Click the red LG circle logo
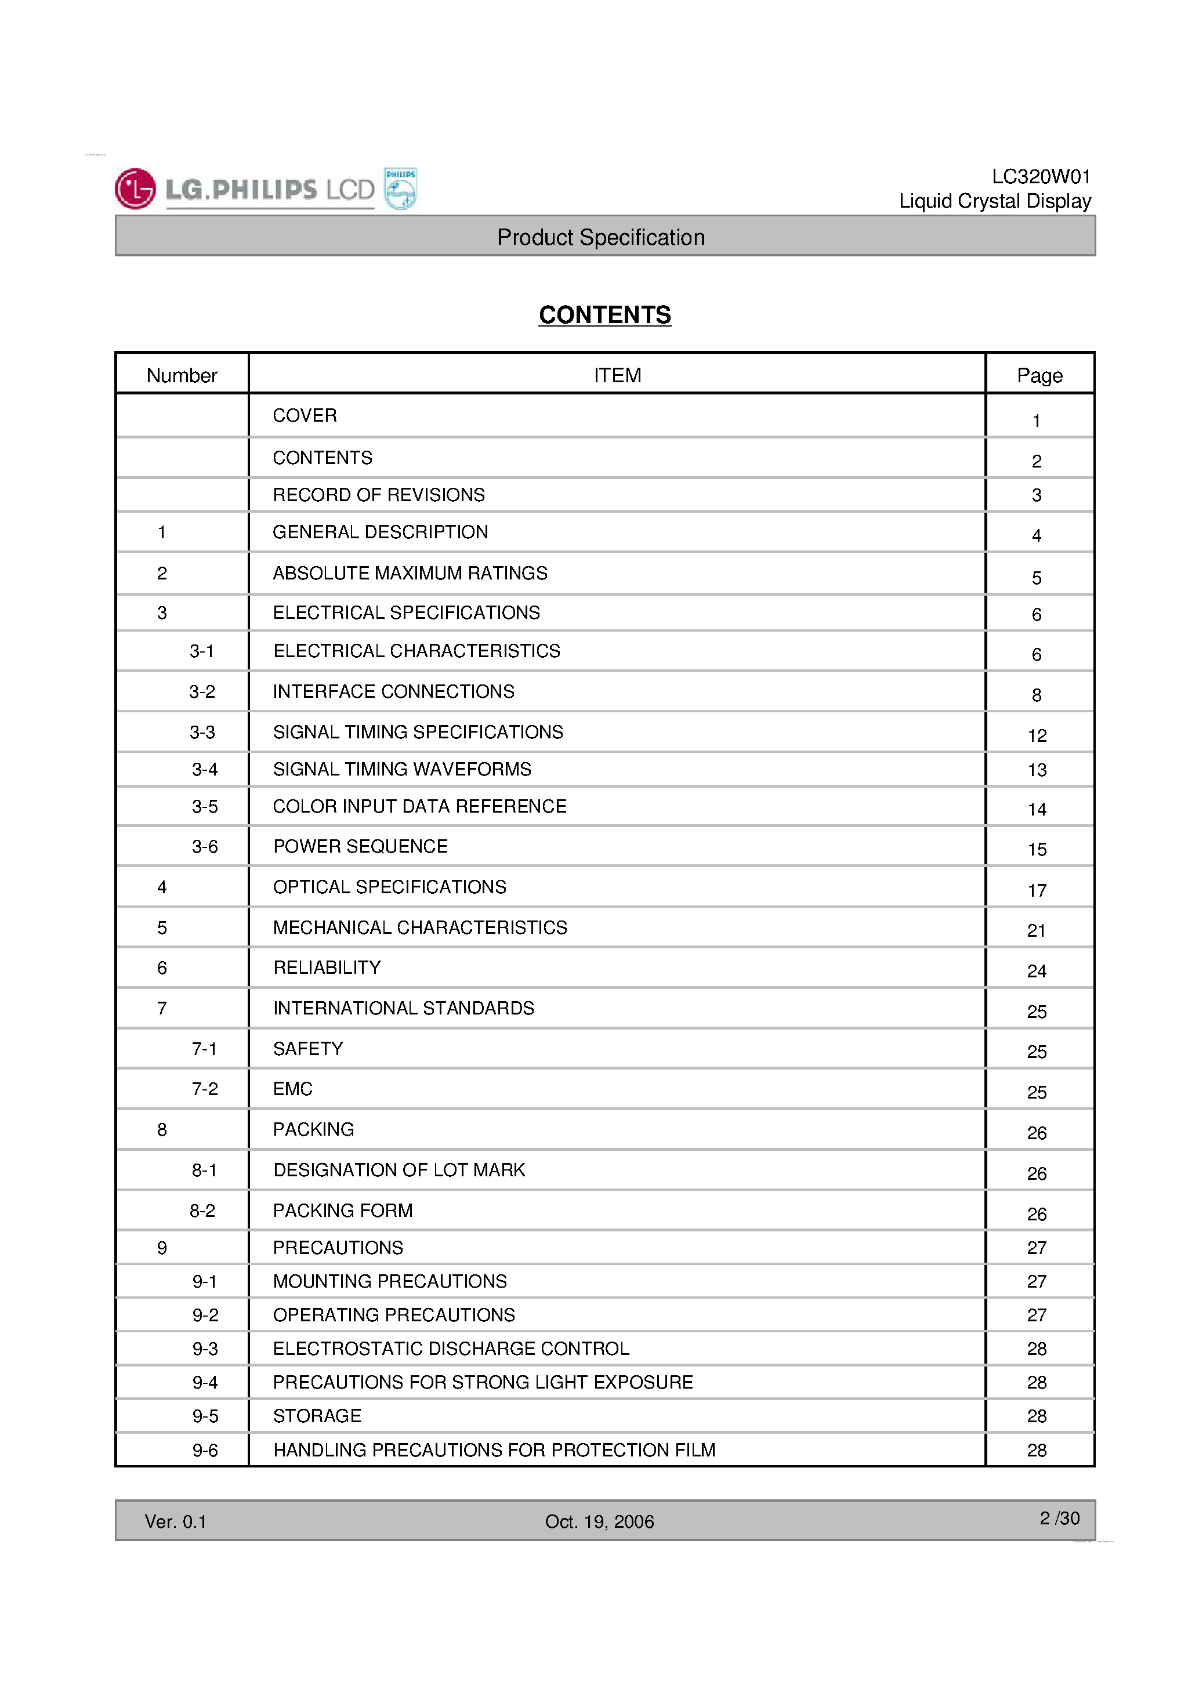(135, 189)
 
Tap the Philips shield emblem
(400, 189)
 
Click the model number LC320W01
(1040, 176)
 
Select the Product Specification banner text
(600, 237)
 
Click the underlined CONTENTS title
(604, 315)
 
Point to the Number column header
(182, 375)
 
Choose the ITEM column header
(617, 375)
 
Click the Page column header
(1039, 375)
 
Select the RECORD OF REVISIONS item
(378, 495)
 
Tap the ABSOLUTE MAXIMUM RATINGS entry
(410, 573)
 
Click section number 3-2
(202, 691)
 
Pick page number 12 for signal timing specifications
(1037, 735)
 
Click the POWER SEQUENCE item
(361, 846)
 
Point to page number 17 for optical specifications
(1037, 891)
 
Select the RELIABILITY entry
(327, 967)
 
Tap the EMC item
(292, 1089)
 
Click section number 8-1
(204, 1170)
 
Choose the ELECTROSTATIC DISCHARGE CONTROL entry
(451, 1349)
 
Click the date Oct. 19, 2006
(599, 1521)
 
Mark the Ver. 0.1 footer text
(175, 1521)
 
